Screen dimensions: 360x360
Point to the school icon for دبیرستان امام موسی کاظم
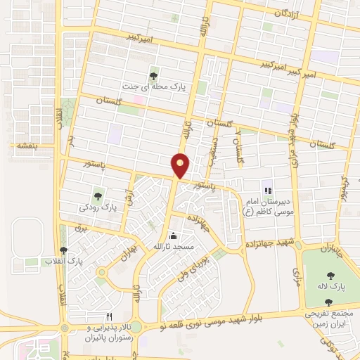[266, 189]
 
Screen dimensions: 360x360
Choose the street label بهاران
[127, 252]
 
